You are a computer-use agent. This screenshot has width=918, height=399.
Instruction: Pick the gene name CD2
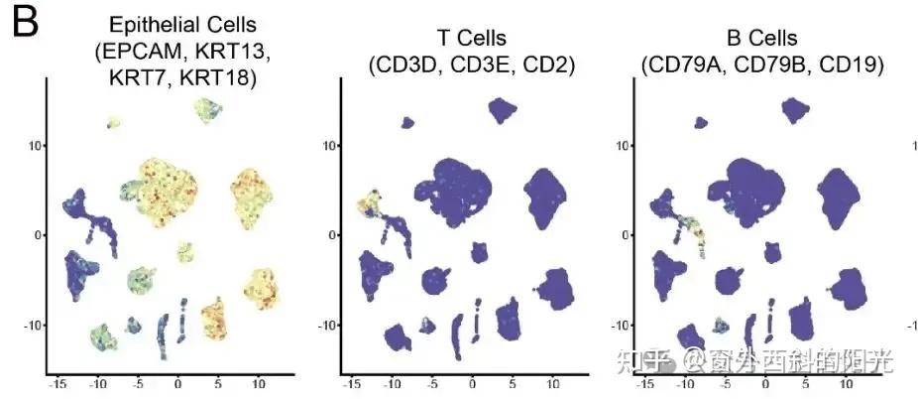coord(550,66)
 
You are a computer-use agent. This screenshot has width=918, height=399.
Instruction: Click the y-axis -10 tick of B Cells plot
coord(621,325)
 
